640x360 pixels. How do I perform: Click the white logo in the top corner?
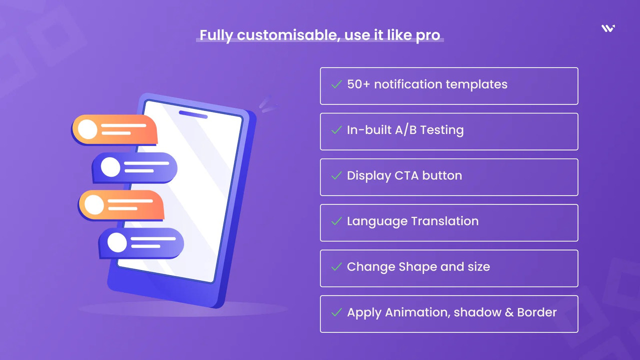point(608,28)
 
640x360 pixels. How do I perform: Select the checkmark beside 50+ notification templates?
point(336,84)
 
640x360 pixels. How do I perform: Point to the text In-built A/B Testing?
point(405,130)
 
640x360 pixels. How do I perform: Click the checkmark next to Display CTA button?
point(336,175)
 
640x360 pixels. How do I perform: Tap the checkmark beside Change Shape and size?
point(336,266)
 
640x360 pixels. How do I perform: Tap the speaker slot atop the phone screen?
point(193,114)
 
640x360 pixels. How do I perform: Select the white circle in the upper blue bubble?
point(110,167)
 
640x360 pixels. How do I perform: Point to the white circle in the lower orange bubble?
point(94,204)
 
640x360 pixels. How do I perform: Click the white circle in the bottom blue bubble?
point(117,242)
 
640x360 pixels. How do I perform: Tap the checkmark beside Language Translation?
point(336,221)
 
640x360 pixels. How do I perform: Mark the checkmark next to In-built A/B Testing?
point(336,130)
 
